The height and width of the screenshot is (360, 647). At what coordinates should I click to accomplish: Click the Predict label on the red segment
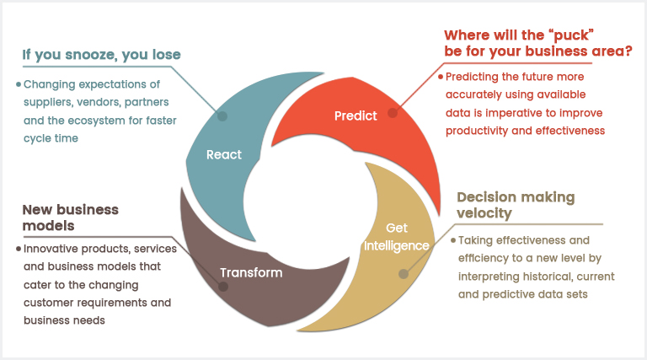point(356,116)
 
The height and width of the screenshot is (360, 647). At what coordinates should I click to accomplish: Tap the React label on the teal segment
point(224,154)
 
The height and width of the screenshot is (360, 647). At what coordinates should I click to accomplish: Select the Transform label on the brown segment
point(251,272)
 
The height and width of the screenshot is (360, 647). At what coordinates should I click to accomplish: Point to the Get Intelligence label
point(397,237)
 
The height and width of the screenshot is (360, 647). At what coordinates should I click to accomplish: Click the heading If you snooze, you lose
point(101,56)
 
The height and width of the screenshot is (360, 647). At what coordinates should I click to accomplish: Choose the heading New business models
point(71,218)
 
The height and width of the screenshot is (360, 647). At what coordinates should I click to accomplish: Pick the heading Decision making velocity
point(516,206)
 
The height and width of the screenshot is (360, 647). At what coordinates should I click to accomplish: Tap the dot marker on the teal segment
point(222,116)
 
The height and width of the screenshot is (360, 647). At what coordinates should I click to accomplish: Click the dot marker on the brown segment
point(223,286)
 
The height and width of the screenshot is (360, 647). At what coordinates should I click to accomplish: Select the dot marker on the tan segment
point(403,274)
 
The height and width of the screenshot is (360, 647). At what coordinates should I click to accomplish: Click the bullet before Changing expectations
point(18,84)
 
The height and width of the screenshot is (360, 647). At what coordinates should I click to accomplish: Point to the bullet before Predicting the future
point(440,76)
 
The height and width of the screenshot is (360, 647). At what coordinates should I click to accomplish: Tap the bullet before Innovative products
point(18,250)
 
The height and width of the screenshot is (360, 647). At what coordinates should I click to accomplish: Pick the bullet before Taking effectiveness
point(452,240)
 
